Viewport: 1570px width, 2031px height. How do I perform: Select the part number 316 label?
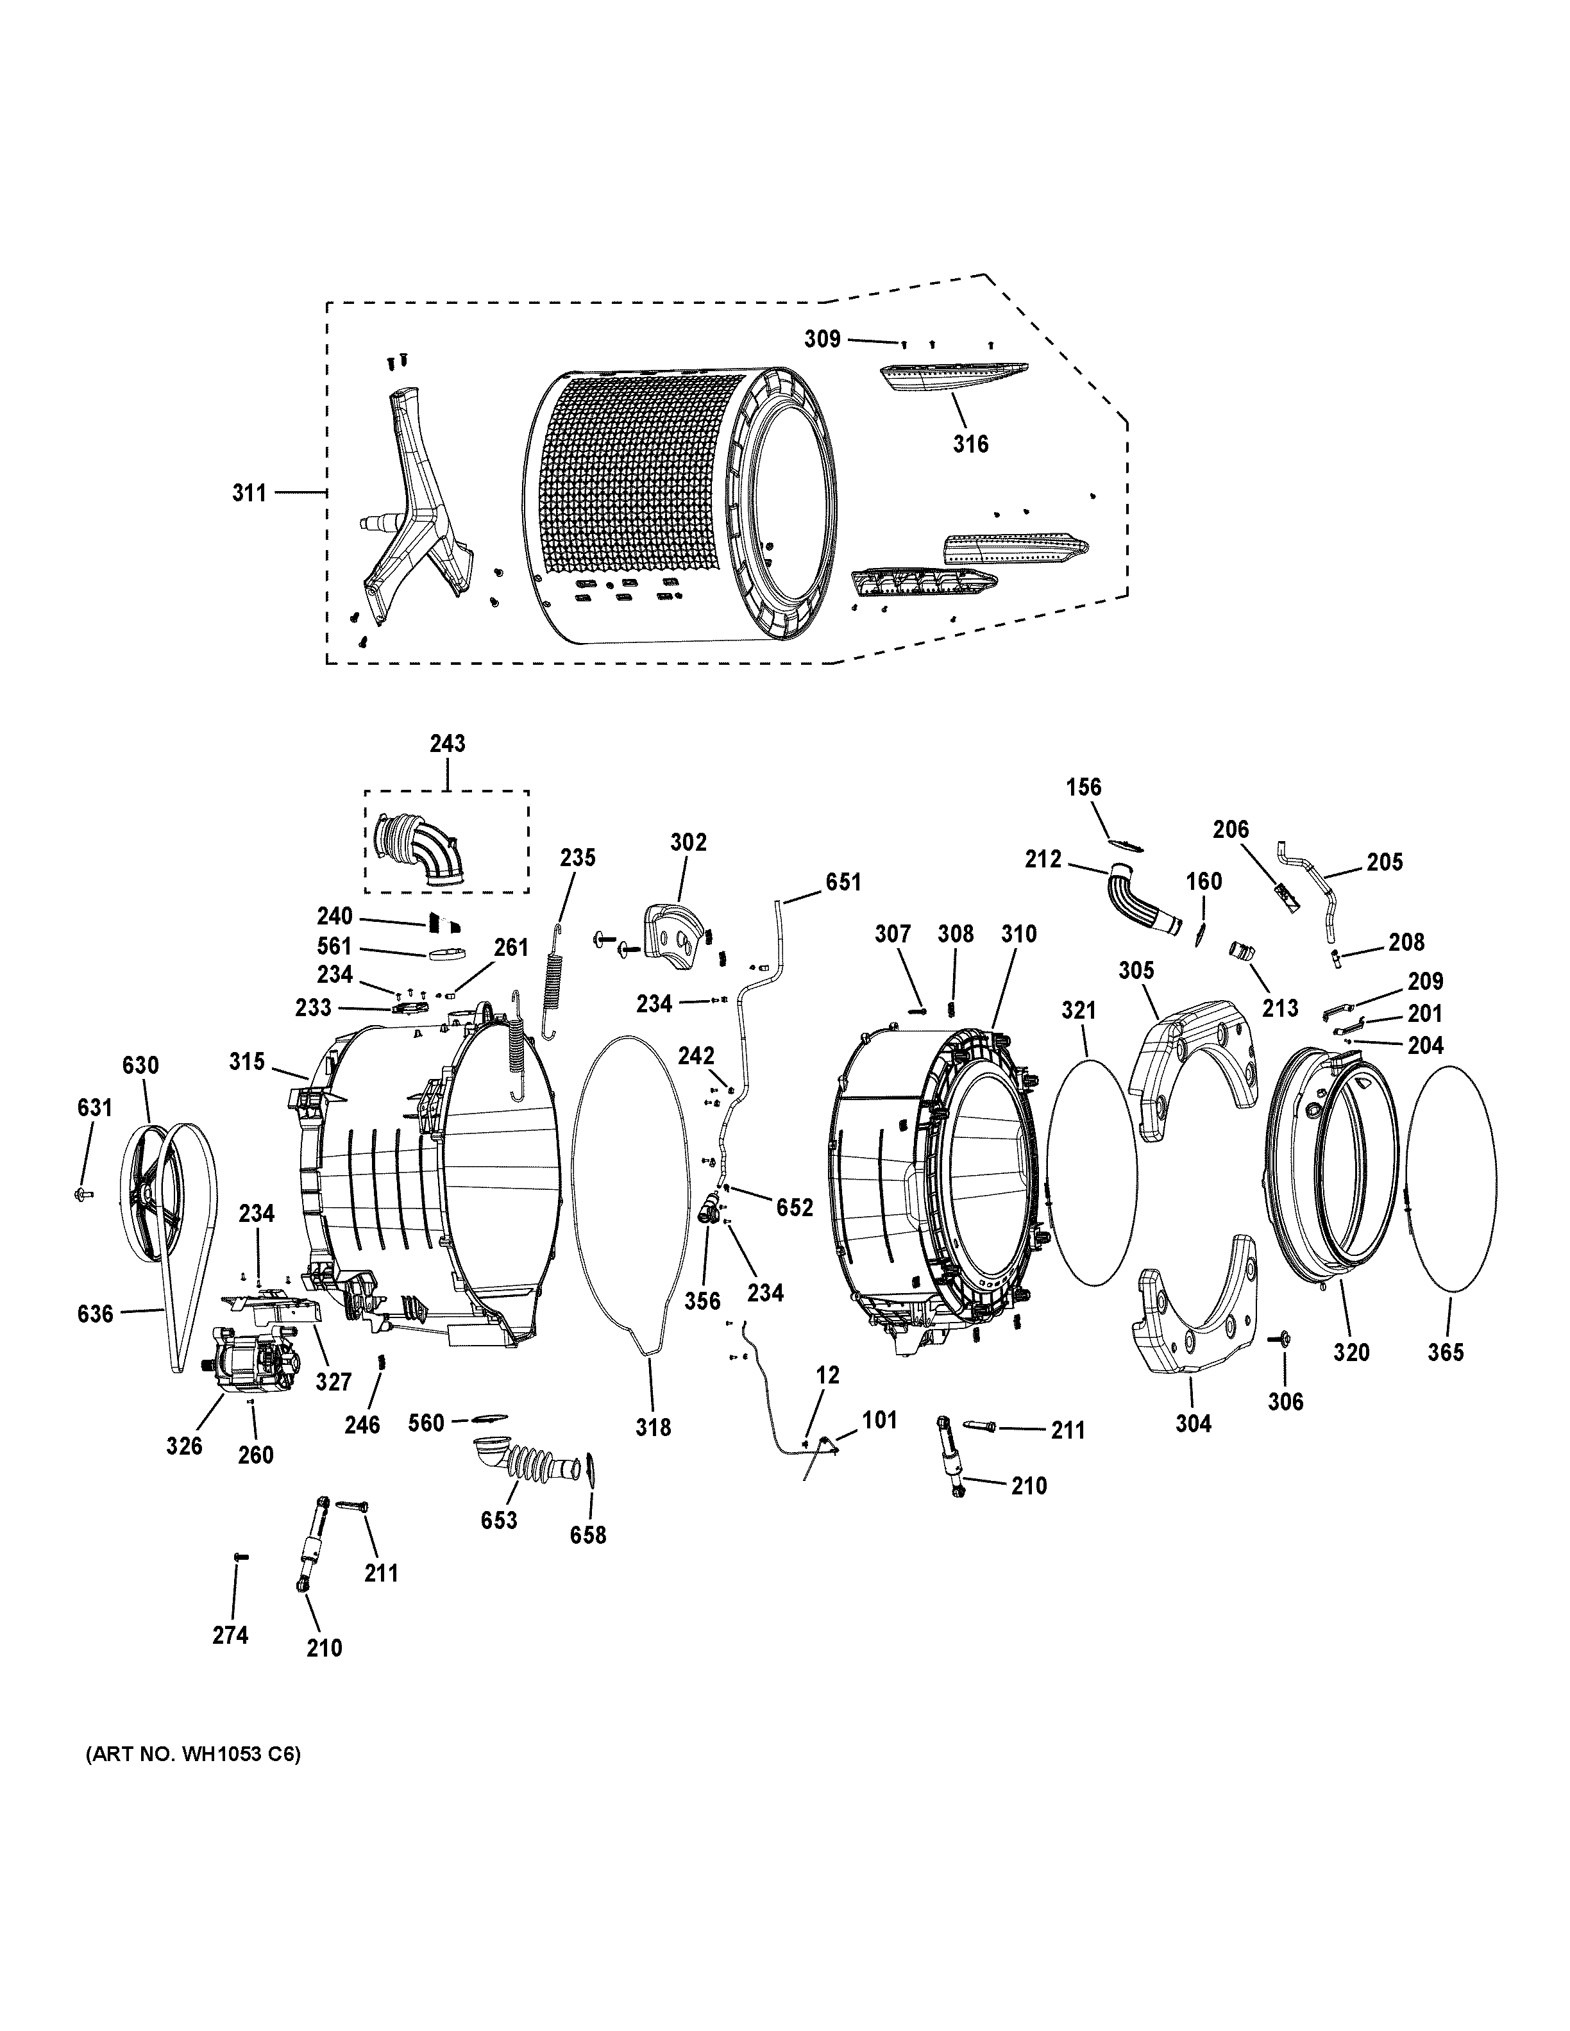pyautogui.click(x=970, y=444)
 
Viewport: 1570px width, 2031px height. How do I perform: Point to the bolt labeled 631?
pyautogui.click(x=80, y=1193)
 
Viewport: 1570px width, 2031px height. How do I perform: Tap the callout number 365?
pyautogui.click(x=1446, y=1352)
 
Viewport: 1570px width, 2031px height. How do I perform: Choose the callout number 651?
pyautogui.click(x=843, y=882)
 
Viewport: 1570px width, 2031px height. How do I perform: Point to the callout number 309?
pyautogui.click(x=822, y=338)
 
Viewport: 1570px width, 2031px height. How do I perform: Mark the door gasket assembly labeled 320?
pyautogui.click(x=1330, y=1172)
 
